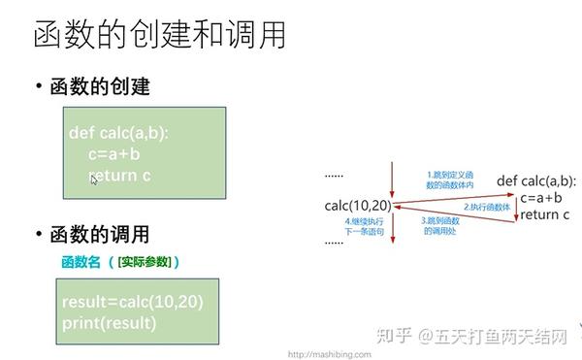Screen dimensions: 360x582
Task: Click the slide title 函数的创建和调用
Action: coord(159,36)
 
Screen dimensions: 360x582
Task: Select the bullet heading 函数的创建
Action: coord(100,87)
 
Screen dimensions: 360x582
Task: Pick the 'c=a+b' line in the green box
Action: coord(113,155)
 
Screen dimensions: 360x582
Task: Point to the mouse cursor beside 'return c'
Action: coord(94,180)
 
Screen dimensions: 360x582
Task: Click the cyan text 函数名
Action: coord(81,261)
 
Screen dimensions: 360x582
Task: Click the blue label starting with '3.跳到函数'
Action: coord(442,226)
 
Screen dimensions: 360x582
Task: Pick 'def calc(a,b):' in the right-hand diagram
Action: coord(535,180)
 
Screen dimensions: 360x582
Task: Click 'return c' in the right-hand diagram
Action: coord(544,215)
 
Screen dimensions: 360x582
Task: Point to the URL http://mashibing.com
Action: coord(330,354)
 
